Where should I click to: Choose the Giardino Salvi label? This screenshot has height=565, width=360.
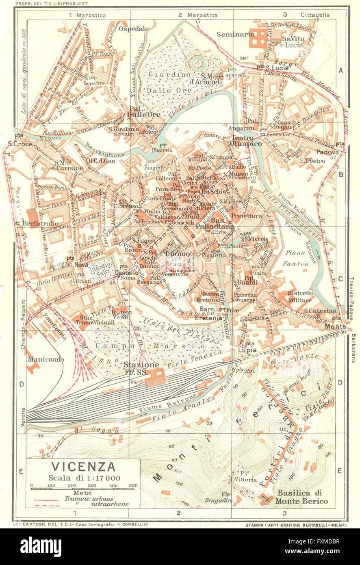pyautogui.click(x=99, y=269)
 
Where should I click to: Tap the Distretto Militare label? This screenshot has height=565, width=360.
pyautogui.click(x=300, y=296)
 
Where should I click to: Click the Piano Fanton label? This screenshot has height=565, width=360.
pyautogui.click(x=297, y=259)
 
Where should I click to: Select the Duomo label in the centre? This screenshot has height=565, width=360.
pyautogui.click(x=177, y=254)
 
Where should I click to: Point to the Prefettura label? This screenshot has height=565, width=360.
pyautogui.click(x=247, y=216)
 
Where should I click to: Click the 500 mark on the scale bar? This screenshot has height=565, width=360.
pyautogui.click(x=132, y=485)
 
